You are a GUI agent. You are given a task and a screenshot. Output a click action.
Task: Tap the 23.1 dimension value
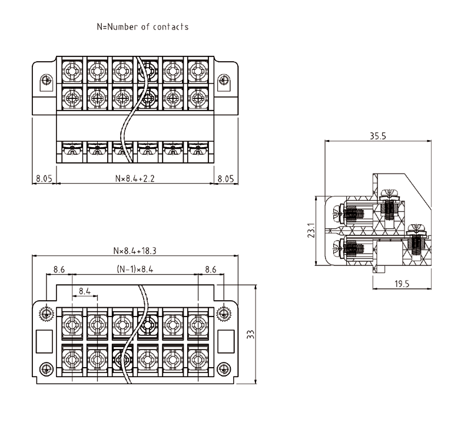313,230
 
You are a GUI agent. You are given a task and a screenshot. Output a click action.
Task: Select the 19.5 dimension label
402,284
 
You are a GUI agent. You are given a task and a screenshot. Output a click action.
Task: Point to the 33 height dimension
250,334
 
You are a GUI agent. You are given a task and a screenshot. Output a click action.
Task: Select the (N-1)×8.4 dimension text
135,269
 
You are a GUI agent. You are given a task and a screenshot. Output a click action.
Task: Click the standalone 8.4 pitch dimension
84,291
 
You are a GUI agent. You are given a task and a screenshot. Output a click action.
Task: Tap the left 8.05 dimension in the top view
44,177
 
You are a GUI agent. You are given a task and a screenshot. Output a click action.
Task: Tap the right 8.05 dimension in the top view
227,177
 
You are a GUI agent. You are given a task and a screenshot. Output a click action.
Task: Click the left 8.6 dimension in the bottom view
59,269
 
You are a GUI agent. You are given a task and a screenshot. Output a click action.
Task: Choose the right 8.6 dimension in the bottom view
211,269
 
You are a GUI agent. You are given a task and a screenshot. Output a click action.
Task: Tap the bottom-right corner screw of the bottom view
223,369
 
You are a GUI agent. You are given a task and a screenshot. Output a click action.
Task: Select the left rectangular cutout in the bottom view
45,341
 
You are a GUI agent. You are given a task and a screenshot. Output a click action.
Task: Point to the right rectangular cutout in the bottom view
224,341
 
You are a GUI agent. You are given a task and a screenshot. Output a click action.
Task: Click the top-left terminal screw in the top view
71,71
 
